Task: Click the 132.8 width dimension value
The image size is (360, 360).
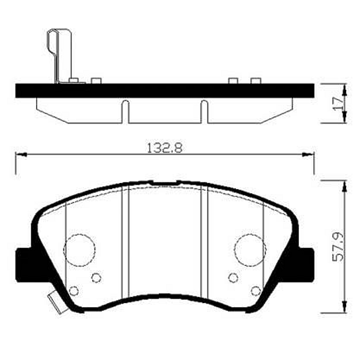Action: [x=164, y=148]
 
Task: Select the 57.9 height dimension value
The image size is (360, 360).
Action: [x=338, y=247]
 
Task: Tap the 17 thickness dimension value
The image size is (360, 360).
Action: [x=338, y=104]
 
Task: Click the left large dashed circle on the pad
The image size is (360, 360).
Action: [x=79, y=250]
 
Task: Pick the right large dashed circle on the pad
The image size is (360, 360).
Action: [x=250, y=250]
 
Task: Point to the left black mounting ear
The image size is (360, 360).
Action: [x=24, y=265]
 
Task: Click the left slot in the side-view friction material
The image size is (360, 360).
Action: [x=125, y=112]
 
